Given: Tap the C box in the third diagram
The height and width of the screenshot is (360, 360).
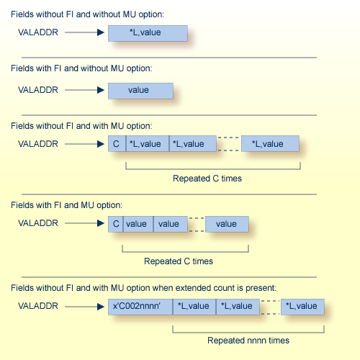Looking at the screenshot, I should [x=116, y=143].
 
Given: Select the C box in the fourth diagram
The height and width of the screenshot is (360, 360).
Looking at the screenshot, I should [x=115, y=223].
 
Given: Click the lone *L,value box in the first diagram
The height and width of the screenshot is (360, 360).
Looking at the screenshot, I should [x=148, y=33].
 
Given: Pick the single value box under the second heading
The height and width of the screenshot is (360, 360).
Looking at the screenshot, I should [x=140, y=90].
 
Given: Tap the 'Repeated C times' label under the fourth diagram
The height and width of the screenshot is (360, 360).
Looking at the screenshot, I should [x=179, y=261].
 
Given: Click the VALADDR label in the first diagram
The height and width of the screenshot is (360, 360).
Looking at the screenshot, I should [x=38, y=32].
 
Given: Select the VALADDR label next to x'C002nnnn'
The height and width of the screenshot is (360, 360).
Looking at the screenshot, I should [x=38, y=306].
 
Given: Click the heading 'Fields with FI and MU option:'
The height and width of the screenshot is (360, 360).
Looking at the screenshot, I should [x=61, y=205].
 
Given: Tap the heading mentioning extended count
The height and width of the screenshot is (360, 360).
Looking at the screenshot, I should [x=143, y=288].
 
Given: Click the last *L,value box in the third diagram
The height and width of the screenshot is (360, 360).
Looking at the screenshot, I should [x=270, y=143].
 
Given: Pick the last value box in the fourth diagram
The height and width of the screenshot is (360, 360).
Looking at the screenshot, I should [x=227, y=223].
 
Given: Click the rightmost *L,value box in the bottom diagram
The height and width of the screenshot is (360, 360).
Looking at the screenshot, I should [x=302, y=306].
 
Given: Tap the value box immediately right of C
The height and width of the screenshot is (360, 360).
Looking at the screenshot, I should [x=138, y=223].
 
